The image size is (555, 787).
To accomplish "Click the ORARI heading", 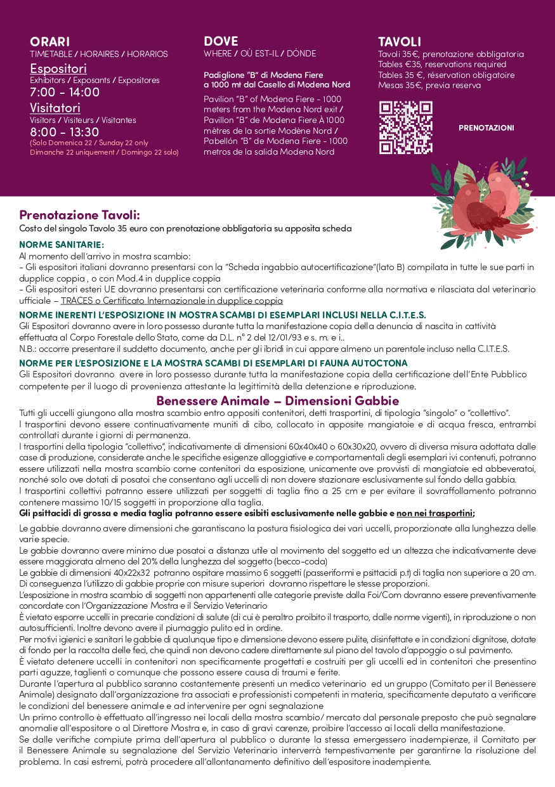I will coord(50,42).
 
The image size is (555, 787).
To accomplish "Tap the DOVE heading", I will coord(221,42).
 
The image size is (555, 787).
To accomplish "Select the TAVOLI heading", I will coord(400,42).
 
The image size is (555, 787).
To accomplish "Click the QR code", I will coord(405,127).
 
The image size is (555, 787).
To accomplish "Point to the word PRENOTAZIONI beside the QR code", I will coord(486,128).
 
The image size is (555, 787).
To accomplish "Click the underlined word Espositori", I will coord(58,68).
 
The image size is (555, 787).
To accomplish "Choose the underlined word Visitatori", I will coord(55,108).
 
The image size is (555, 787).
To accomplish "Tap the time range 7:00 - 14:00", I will coord(65,93).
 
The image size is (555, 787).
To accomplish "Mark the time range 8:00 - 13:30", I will coord(65,132).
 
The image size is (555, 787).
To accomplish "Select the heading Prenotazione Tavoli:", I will coord(79,215).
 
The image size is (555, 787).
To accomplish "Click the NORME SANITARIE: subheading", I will coord(62,245).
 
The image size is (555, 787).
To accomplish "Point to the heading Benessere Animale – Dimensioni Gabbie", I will coord(277,401).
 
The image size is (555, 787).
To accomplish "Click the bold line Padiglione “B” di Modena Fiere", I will coord(254,75).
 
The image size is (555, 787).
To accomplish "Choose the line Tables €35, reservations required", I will coord(442,65).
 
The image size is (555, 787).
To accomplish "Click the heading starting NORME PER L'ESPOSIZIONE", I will coord(213,363).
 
